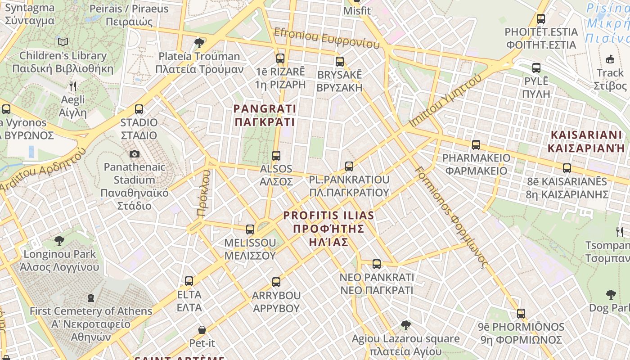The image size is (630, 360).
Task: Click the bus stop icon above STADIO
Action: click(x=139, y=109)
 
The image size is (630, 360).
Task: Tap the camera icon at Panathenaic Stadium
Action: click(x=134, y=154)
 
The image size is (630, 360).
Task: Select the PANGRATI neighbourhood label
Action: click(x=265, y=115)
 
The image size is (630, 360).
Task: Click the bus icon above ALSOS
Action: click(x=276, y=156)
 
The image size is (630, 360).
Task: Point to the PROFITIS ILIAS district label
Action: click(x=328, y=229)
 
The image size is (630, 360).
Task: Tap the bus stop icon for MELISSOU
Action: click(x=250, y=229)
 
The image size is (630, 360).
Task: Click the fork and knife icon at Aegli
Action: click(x=73, y=86)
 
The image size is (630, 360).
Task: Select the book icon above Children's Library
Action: click(x=63, y=42)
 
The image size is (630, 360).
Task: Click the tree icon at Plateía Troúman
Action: click(x=199, y=43)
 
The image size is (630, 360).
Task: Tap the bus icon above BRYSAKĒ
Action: click(x=340, y=61)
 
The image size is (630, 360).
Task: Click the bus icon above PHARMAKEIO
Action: click(x=476, y=145)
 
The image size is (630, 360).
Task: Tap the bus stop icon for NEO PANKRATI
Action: click(x=377, y=264)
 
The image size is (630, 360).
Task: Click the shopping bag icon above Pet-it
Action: click(x=202, y=330)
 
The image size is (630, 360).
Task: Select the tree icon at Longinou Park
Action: click(x=59, y=241)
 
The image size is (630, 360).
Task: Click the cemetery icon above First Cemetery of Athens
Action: click(x=91, y=298)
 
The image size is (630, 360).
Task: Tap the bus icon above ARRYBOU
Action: click(x=276, y=282)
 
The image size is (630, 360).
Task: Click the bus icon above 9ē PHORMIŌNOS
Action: click(x=521, y=313)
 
